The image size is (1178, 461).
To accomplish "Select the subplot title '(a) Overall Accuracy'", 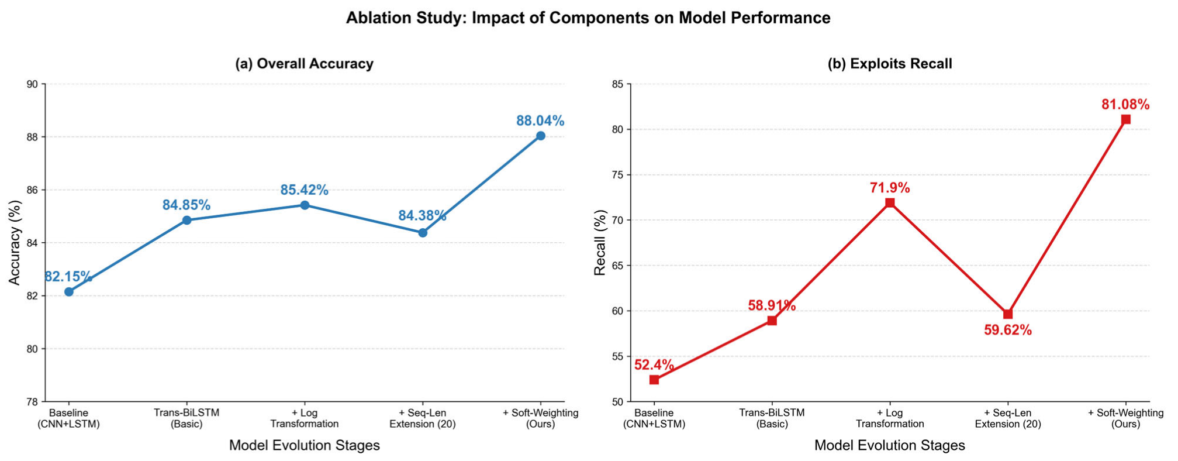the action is click(x=304, y=64).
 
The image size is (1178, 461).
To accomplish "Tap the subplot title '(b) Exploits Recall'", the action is click(x=890, y=64).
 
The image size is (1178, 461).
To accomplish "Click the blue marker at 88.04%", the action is click(x=541, y=136).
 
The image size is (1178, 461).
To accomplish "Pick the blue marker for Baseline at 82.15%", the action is click(x=69, y=291).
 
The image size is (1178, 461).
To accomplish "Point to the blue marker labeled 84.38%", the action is click(x=423, y=232).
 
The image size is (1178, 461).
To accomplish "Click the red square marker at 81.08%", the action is click(x=1125, y=119).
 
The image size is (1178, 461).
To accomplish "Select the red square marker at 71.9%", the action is click(x=890, y=202).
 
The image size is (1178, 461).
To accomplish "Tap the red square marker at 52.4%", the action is click(x=654, y=380).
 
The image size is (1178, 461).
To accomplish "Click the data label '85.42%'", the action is click(x=304, y=190).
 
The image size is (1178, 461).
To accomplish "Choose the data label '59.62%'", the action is click(x=1008, y=330).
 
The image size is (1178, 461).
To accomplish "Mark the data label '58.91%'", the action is click(x=772, y=305).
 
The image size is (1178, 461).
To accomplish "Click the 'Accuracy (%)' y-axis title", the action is click(x=15, y=243).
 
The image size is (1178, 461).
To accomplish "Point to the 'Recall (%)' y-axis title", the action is click(x=600, y=243).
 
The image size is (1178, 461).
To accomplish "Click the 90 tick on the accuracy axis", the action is click(x=32, y=84).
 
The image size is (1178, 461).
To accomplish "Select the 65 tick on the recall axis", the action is click(x=617, y=266).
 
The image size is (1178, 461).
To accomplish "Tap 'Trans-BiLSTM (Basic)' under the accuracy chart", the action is click(x=186, y=418).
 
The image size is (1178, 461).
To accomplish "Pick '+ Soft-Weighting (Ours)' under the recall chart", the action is click(x=1125, y=418).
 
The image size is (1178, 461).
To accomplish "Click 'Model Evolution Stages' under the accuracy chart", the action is click(x=304, y=445).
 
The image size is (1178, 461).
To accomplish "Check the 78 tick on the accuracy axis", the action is click(x=32, y=402).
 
